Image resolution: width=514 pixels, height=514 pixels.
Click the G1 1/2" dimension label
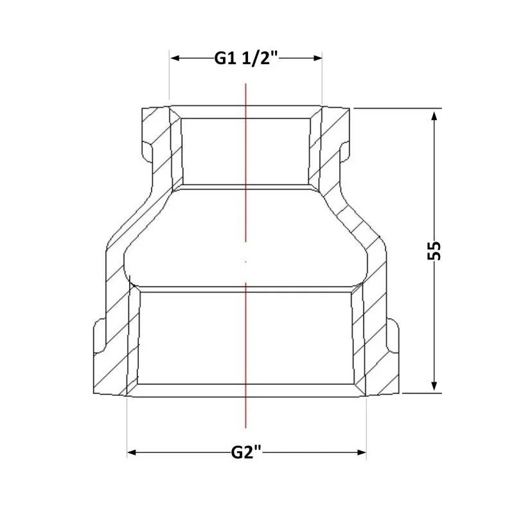pos(246,58)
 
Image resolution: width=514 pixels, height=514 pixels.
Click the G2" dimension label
pos(246,453)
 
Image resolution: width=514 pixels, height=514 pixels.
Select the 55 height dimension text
pos(434,251)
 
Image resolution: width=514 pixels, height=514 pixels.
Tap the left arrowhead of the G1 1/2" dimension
pos(175,58)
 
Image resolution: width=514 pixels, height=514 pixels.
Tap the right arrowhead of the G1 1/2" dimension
pos(317,58)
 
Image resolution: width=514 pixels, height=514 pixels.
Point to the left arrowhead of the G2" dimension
pos(132,453)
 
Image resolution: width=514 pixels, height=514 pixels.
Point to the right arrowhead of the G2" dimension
pos(361,453)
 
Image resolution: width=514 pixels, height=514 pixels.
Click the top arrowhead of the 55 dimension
pos(434,116)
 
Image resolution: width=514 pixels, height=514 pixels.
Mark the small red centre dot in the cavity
pos(246,262)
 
